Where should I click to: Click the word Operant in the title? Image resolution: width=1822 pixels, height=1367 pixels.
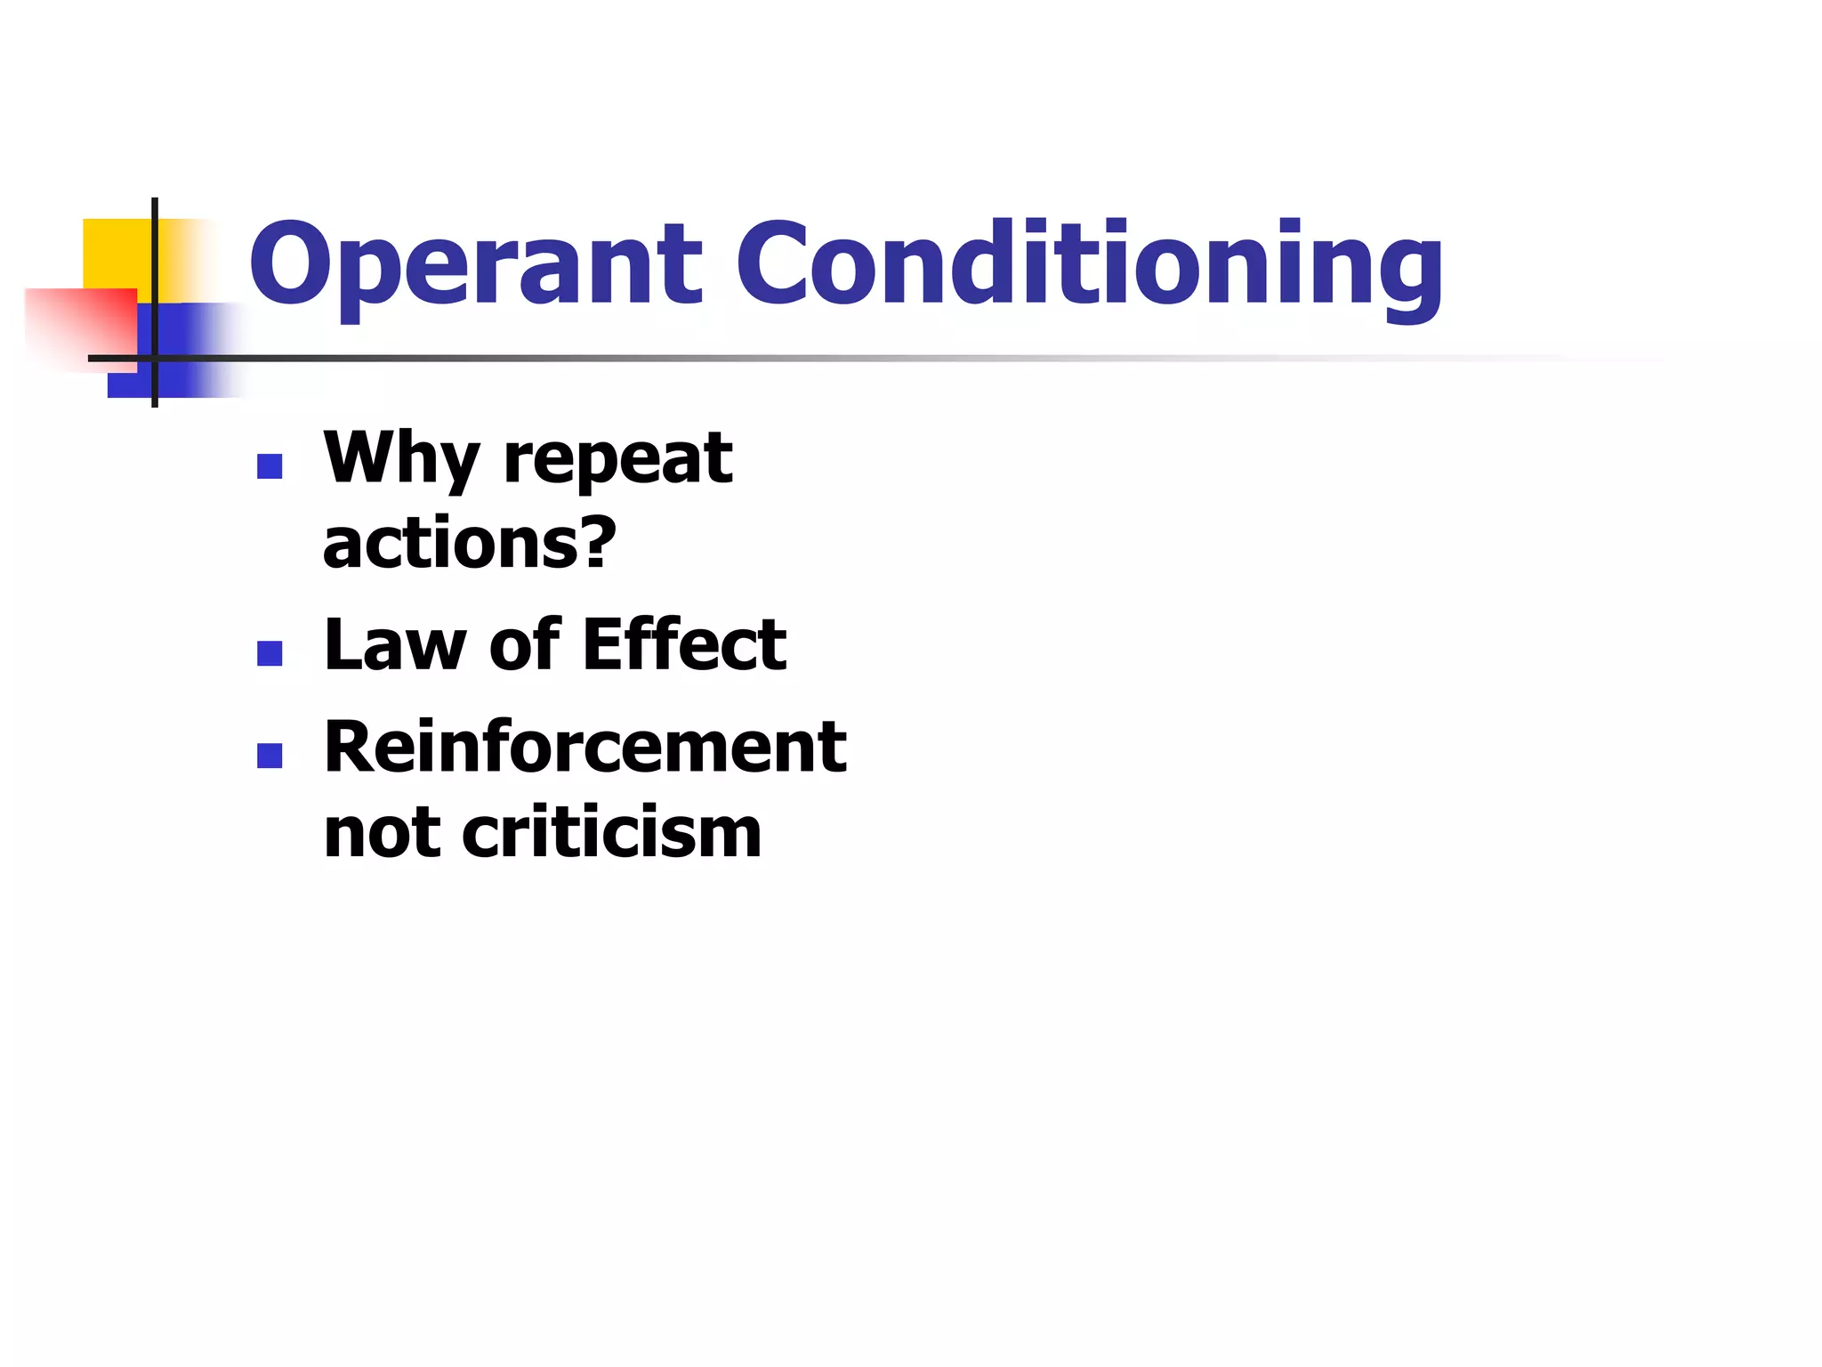(x=476, y=264)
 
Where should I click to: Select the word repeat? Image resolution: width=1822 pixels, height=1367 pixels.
(x=617, y=461)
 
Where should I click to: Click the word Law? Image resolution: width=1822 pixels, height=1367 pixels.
(x=395, y=644)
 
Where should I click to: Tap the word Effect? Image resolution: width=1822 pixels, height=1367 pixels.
(x=685, y=644)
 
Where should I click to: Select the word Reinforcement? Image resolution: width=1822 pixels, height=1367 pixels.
(x=585, y=747)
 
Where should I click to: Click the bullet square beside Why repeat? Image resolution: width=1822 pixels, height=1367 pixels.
(x=270, y=466)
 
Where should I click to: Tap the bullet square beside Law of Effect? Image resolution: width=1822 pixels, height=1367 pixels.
(x=270, y=653)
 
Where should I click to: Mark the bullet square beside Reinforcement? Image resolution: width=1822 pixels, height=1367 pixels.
(x=270, y=756)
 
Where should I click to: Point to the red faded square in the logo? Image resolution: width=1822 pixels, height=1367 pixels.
(x=80, y=325)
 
